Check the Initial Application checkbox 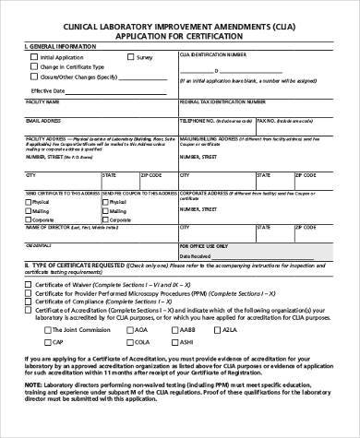[x=35, y=57]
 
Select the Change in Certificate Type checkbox [x=35, y=67]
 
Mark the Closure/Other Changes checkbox [x=35, y=77]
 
